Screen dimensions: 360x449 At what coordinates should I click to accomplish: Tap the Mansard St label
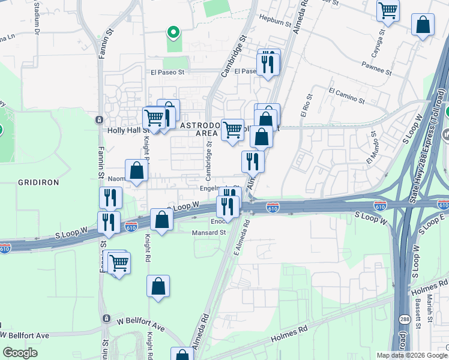point(208,233)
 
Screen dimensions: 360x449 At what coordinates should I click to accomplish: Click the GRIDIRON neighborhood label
point(37,181)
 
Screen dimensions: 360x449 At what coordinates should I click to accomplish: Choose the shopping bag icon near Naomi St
point(137,170)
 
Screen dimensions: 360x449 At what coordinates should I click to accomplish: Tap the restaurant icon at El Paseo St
point(267,63)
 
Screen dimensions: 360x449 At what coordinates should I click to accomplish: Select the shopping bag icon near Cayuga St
point(423,25)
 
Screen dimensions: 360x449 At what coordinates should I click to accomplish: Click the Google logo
point(20,353)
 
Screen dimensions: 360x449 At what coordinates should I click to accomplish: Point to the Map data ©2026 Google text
point(412,355)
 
